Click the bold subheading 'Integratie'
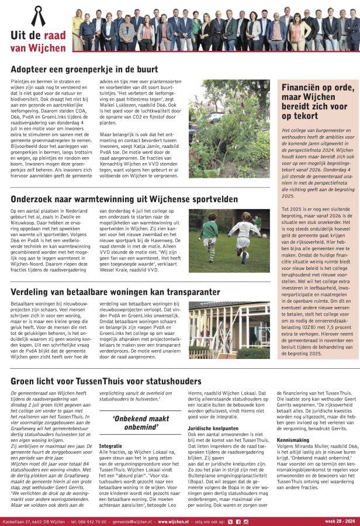(x=111, y=445)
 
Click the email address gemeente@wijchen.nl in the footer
(x=130, y=520)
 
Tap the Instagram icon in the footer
(x=246, y=520)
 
